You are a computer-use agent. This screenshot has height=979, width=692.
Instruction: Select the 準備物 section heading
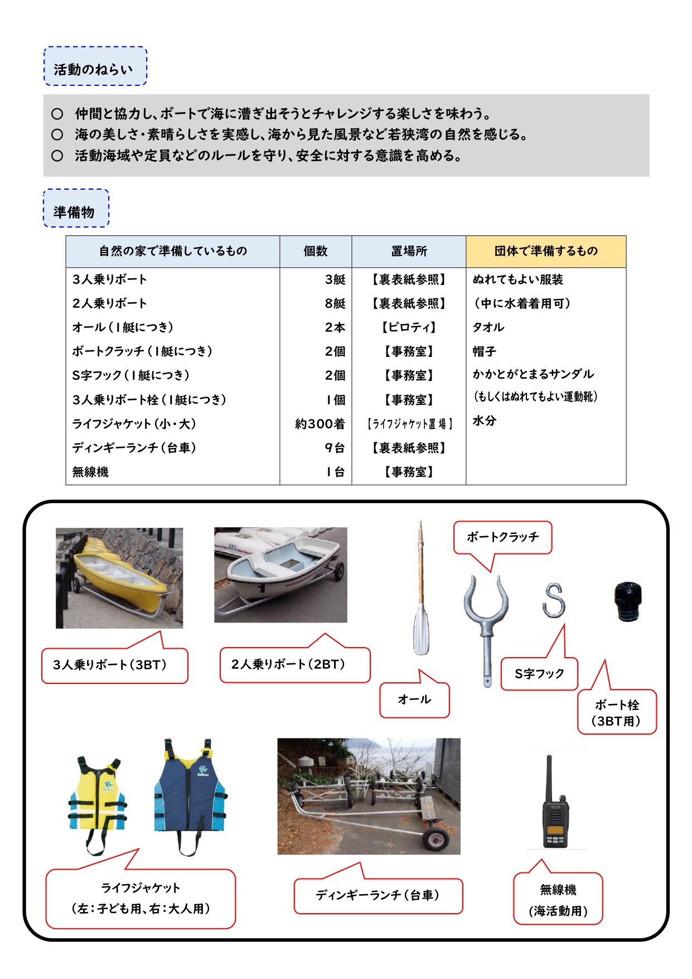[75, 212]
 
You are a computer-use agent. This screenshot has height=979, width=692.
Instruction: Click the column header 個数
[316, 252]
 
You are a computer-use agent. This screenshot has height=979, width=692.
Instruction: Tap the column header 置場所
[409, 252]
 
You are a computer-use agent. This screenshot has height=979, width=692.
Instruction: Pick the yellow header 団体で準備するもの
[546, 252]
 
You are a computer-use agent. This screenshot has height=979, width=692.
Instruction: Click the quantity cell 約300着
[320, 424]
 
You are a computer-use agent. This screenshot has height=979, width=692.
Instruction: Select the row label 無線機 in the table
[90, 472]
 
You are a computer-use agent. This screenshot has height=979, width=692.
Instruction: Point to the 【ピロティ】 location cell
[409, 327]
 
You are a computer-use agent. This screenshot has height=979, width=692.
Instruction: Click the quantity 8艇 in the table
[335, 303]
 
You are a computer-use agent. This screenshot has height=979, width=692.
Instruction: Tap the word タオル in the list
[488, 327]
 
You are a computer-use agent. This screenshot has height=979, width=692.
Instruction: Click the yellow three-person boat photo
[119, 578]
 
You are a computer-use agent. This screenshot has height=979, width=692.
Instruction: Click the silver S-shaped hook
[554, 600]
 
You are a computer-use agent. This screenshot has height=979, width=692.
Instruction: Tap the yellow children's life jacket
[98, 798]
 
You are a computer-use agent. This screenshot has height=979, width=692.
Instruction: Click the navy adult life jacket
[190, 792]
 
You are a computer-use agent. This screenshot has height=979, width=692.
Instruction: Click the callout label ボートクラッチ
[502, 537]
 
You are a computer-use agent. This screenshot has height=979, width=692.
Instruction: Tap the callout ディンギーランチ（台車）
[378, 895]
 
